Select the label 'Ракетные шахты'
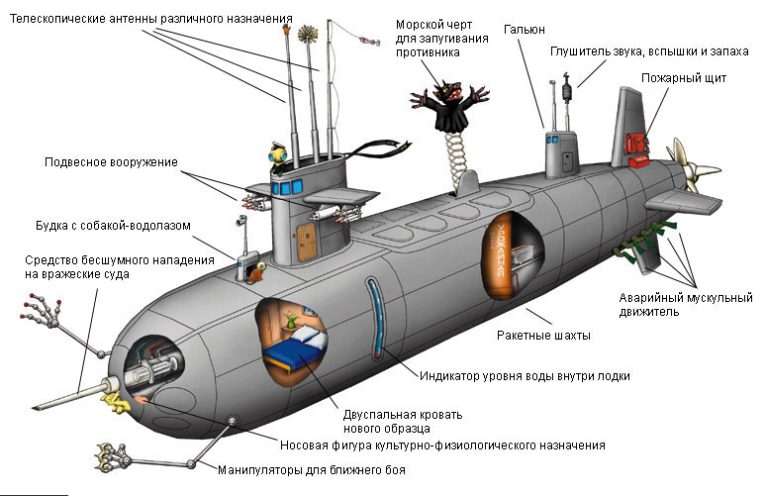tap(543, 336)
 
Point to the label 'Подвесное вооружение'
tap(110, 161)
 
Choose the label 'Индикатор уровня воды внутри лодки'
tap(524, 376)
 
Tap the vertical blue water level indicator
tap(373, 317)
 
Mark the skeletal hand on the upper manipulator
tap(35, 318)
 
